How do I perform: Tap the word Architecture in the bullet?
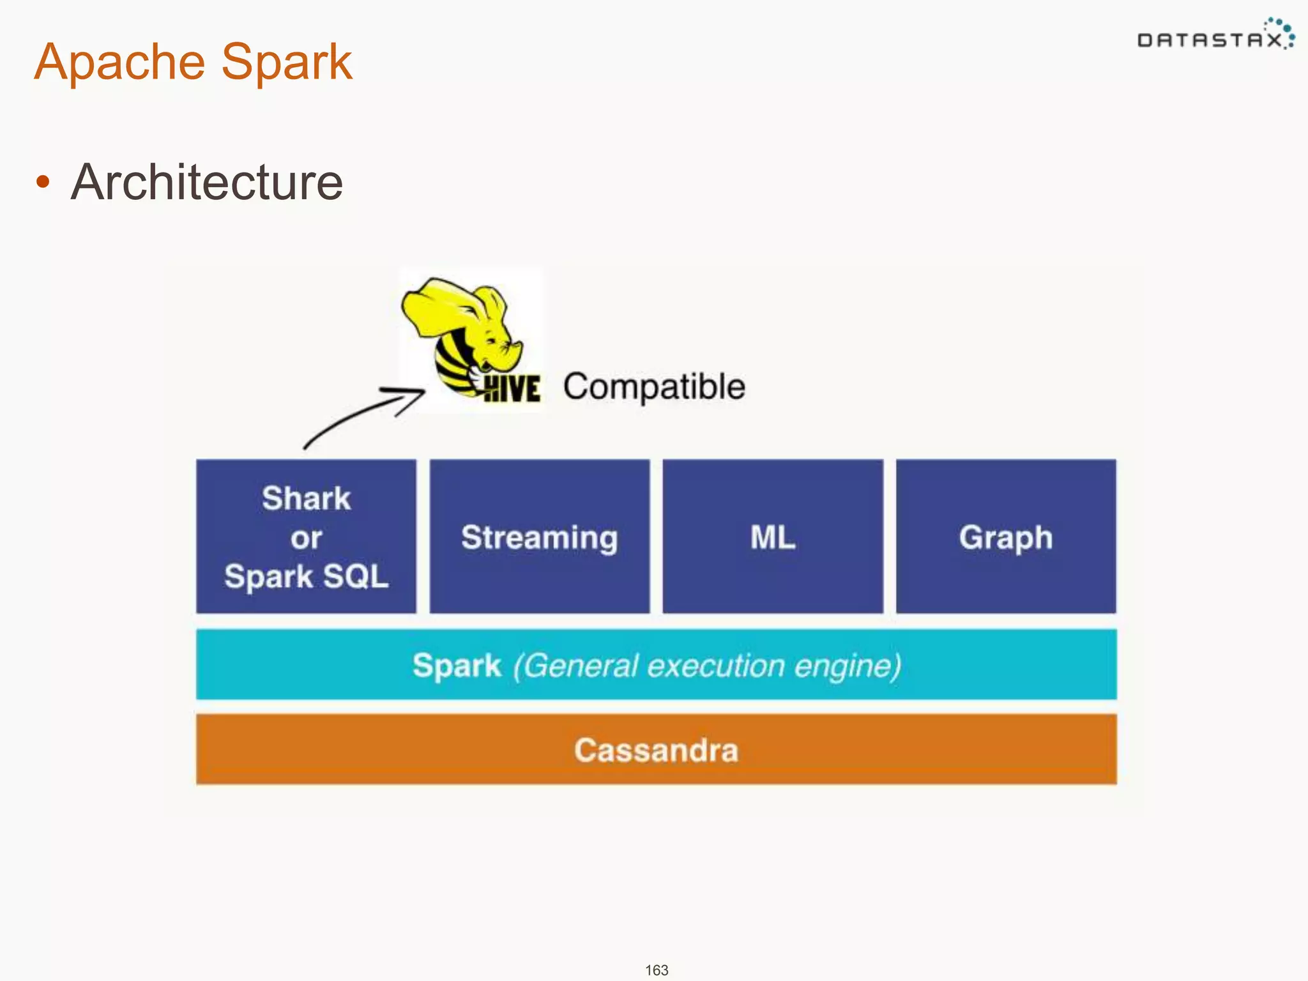(x=206, y=183)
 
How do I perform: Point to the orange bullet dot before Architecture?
(x=43, y=182)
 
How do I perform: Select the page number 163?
(x=657, y=970)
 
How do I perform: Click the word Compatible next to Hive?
(x=654, y=387)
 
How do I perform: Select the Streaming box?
(x=540, y=536)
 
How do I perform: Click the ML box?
(x=773, y=536)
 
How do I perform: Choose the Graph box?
(x=1006, y=536)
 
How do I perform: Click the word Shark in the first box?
(x=306, y=498)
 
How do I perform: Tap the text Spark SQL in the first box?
(x=306, y=576)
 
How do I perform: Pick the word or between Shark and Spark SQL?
(x=306, y=538)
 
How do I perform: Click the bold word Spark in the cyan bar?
(x=457, y=665)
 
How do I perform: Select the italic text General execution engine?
(x=707, y=665)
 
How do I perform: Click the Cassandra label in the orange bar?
(x=656, y=750)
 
